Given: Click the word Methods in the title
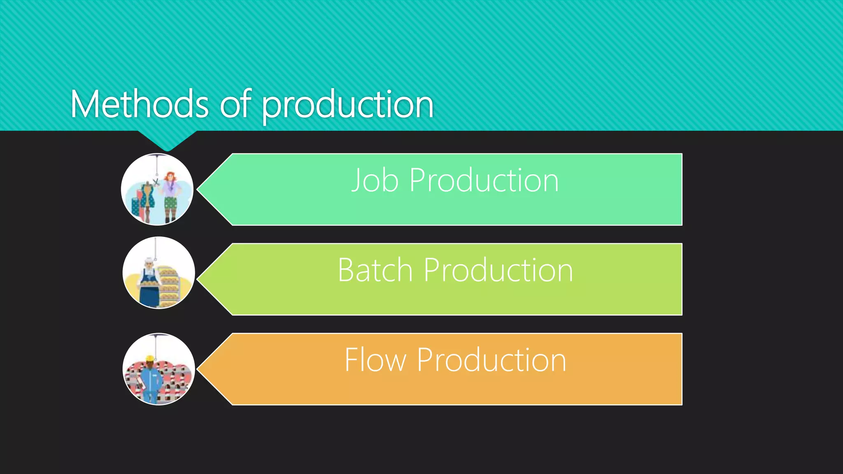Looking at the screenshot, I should click(140, 105).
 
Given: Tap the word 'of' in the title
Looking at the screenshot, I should click(235, 105).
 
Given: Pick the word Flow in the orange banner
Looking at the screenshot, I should click(375, 360).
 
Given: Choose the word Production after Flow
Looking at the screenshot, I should click(491, 360).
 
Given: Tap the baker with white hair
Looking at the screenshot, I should click(149, 280).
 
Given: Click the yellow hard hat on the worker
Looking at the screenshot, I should click(150, 358).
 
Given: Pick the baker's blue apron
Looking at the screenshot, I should click(149, 293).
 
